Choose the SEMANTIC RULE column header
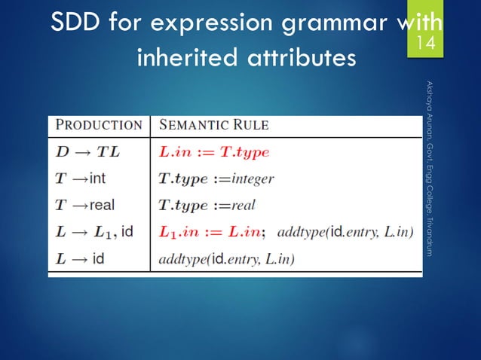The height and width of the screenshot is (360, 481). (213, 125)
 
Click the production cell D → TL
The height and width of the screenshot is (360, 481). (88, 151)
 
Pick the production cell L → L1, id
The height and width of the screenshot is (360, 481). (94, 231)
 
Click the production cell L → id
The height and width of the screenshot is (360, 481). (80, 258)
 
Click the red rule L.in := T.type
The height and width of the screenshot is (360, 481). (214, 151)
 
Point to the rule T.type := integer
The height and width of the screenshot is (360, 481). (216, 178)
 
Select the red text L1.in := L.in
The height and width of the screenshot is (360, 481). (212, 231)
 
